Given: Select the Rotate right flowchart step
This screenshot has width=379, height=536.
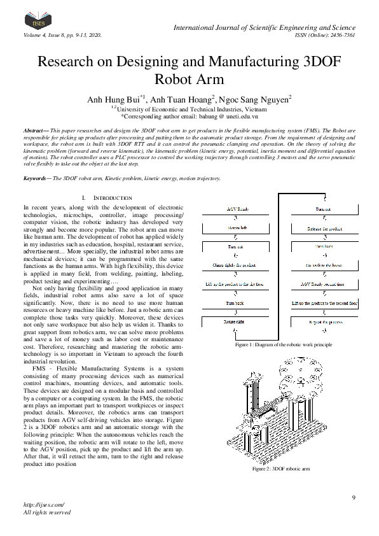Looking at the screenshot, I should (x=235, y=323).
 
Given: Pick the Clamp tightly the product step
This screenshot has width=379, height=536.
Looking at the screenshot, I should (x=235, y=265).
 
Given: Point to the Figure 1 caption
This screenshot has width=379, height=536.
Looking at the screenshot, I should (x=283, y=344).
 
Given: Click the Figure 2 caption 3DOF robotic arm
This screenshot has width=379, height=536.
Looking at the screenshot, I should (x=280, y=469).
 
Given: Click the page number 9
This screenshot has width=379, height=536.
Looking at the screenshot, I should (x=354, y=497).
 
